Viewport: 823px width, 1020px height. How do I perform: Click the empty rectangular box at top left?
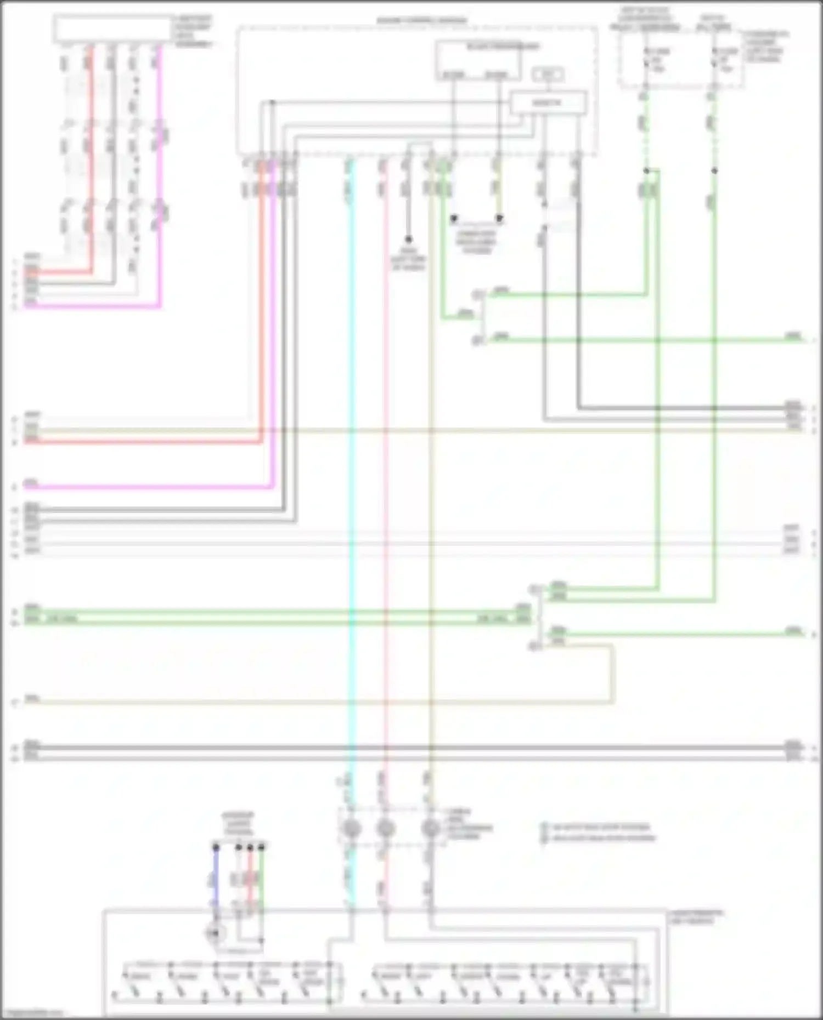[x=113, y=29]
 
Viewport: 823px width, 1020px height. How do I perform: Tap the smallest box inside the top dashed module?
[x=548, y=74]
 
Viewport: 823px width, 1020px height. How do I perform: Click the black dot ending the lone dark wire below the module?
[x=408, y=240]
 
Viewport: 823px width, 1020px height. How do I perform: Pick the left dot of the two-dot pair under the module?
[x=454, y=219]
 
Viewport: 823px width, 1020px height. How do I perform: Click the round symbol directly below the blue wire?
[x=215, y=932]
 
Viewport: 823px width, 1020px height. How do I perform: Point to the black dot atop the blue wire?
[x=216, y=848]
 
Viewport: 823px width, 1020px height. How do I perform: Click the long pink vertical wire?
[x=385, y=493]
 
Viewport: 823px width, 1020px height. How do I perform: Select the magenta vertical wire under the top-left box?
[x=160, y=164]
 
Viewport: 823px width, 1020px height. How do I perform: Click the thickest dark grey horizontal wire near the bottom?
[x=406, y=748]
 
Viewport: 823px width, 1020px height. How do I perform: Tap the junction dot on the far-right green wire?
[x=714, y=171]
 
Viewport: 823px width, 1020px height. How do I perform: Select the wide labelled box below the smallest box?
[x=548, y=103]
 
